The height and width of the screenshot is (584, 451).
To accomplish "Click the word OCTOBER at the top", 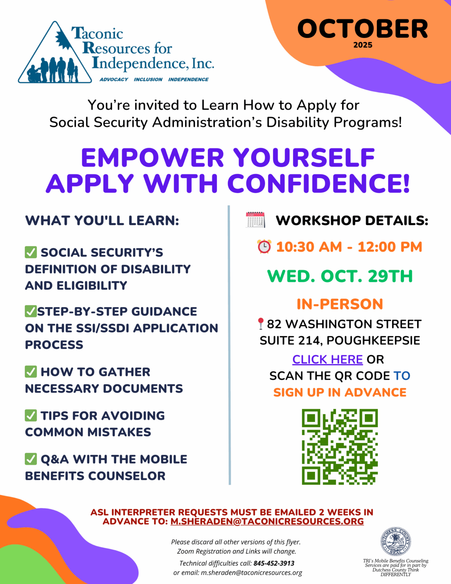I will [363, 29].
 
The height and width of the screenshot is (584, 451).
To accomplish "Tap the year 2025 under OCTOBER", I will [363, 45].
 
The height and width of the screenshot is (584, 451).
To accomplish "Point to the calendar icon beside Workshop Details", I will [255, 220].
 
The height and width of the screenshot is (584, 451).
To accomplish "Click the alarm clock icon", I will [264, 247].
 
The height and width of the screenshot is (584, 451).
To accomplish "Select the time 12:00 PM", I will [390, 247].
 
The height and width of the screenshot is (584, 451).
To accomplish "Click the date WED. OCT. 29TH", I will [340, 276].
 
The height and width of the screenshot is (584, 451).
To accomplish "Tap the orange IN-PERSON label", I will [340, 304].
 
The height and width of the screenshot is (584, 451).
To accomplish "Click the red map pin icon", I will [260, 324].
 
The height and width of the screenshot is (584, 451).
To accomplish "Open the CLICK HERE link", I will [327, 360].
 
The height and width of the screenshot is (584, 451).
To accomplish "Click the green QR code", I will [340, 447].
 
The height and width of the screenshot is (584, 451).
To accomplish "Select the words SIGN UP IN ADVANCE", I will [340, 393].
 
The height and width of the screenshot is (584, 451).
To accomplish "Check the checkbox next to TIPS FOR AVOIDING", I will [31, 416].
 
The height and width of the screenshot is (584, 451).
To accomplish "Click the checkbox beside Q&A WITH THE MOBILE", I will [31, 459].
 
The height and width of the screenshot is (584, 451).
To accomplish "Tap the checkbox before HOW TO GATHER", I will [31, 372].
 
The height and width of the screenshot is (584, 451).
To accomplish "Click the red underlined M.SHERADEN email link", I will [267, 522].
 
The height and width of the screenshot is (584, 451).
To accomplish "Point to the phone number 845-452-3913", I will [274, 563].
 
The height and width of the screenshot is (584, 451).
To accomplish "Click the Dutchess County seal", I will [395, 542].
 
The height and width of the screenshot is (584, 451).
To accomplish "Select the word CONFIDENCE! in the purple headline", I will [318, 184].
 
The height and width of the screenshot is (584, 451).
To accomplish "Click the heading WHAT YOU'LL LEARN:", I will [102, 221].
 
